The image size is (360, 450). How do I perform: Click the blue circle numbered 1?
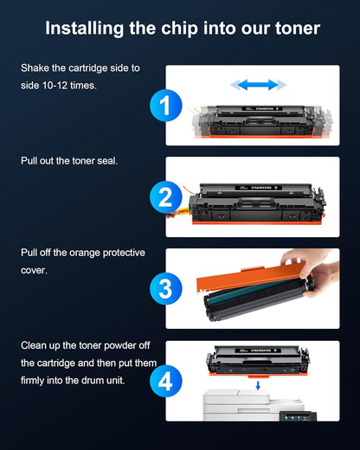(165, 106)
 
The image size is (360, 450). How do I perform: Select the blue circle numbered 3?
(165, 288)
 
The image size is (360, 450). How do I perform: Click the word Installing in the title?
(82, 29)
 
